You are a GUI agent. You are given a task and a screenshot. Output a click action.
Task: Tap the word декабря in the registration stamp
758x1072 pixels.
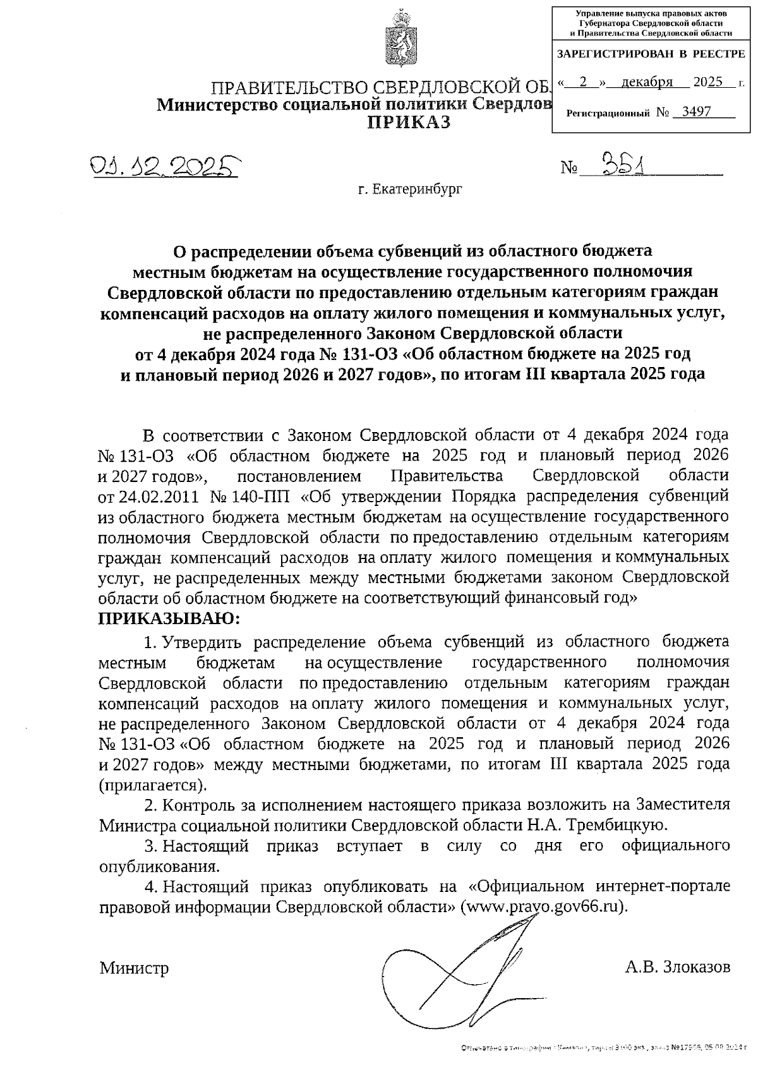[x=646, y=82]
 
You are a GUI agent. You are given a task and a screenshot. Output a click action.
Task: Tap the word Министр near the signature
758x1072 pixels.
[x=134, y=968]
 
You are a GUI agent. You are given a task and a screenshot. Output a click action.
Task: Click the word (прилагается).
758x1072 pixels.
[x=153, y=785]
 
